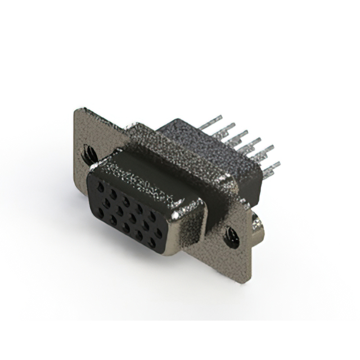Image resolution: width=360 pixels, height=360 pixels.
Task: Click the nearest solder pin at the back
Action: [271, 166]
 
